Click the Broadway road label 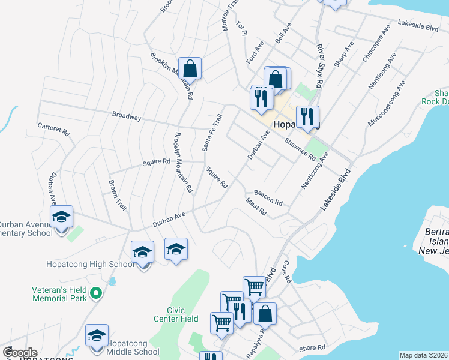click(x=127, y=117)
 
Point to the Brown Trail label click(x=118, y=195)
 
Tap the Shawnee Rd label click(x=300, y=149)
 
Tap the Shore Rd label click(x=312, y=347)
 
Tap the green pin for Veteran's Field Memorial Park click(x=95, y=293)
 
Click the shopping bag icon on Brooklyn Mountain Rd click(x=190, y=68)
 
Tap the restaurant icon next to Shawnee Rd click(x=307, y=116)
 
